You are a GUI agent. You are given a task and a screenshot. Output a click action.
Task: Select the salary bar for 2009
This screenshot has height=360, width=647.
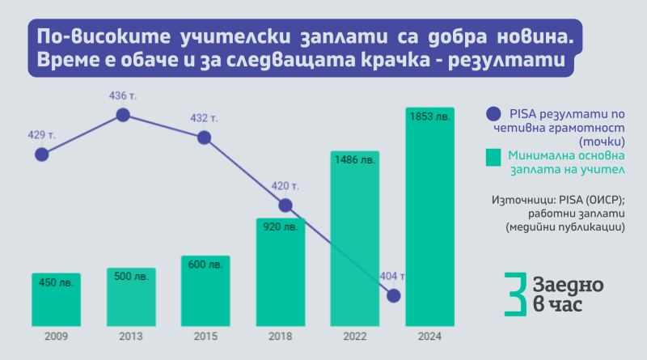(56, 298)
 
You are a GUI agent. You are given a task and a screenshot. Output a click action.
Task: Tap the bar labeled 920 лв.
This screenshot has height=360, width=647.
(279, 271)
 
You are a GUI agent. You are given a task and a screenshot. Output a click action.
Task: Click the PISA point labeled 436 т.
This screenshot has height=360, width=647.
(123, 115)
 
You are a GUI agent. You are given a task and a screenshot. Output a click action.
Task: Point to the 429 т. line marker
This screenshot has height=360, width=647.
(42, 153)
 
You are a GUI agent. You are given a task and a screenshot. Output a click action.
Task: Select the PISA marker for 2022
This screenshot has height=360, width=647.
(395, 296)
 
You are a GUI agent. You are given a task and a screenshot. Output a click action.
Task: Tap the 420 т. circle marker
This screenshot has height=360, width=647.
(285, 205)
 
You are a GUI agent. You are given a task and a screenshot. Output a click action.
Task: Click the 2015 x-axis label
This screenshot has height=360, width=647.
(205, 336)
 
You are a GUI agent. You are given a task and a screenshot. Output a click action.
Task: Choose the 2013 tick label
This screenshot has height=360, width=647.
(130, 336)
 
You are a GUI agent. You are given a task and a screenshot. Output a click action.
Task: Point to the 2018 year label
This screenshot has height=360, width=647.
(279, 336)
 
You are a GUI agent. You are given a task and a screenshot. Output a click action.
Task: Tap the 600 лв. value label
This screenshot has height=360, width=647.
(205, 265)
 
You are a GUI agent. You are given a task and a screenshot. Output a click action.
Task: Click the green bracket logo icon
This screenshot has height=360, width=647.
(511, 294)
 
